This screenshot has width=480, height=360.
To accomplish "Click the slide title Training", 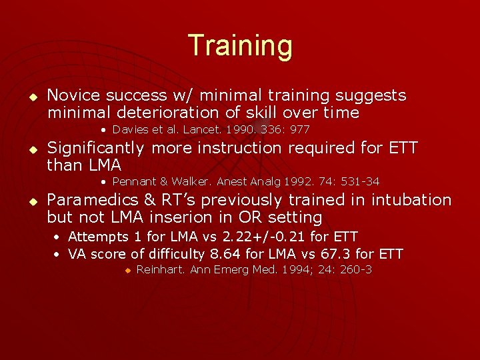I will click(240, 45).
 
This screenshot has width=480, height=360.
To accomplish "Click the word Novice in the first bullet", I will click(73, 95).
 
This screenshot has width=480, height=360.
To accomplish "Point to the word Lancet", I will click(205, 129).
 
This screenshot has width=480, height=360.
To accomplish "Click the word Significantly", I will click(95, 147).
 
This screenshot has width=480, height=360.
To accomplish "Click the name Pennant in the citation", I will click(133, 181).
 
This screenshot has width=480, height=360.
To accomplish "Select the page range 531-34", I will click(359, 181).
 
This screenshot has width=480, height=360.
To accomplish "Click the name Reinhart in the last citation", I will click(161, 269).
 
